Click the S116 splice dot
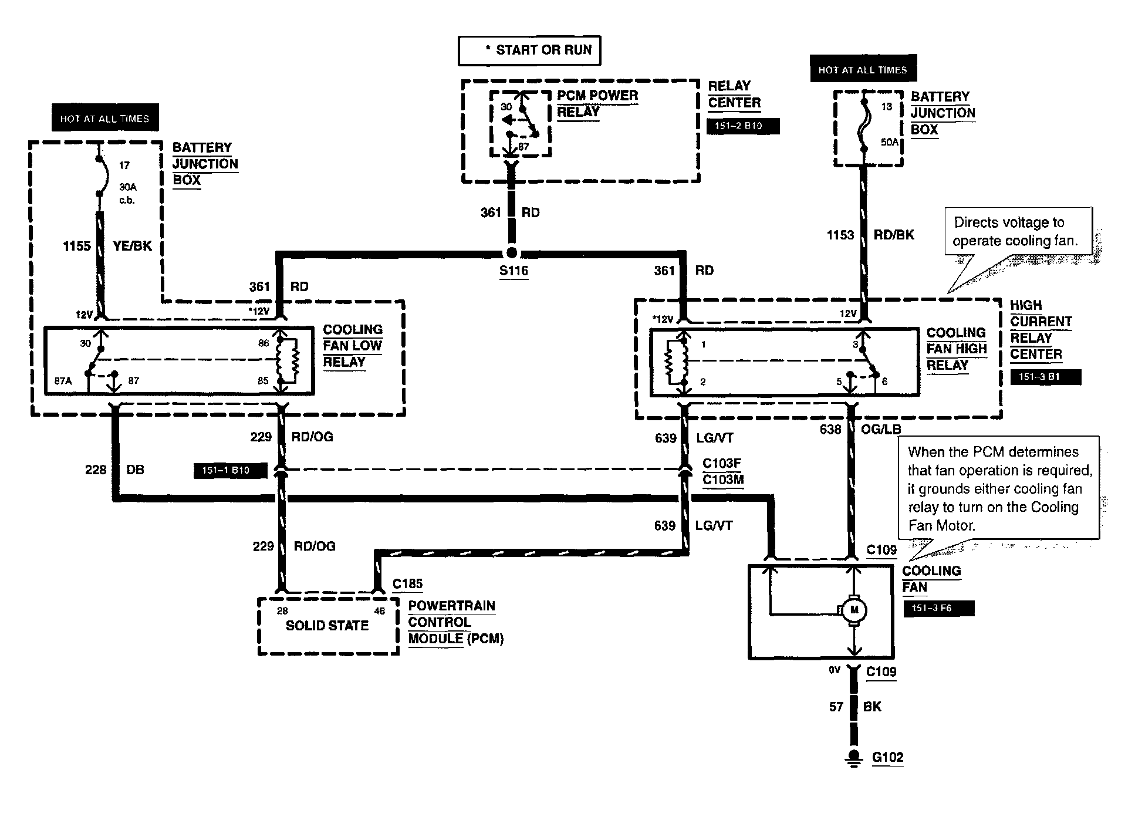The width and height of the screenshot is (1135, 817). [x=512, y=253]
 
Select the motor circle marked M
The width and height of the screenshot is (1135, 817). [x=854, y=610]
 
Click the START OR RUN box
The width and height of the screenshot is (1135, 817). [x=529, y=50]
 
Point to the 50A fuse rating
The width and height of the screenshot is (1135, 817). [x=890, y=141]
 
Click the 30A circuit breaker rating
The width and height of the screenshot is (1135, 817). [x=127, y=187]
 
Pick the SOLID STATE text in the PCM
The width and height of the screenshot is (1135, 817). [x=327, y=626]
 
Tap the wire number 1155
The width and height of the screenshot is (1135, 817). [x=77, y=246]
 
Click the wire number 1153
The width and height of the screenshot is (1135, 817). [x=840, y=235]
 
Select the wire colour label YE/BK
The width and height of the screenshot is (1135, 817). [x=132, y=246]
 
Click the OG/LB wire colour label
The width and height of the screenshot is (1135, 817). [x=880, y=429]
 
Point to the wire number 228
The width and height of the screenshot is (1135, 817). [x=96, y=470]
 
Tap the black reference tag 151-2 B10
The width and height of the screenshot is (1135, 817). [x=742, y=126]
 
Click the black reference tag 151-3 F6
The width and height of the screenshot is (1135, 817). [x=939, y=609]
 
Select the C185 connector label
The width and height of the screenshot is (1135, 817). [x=407, y=584]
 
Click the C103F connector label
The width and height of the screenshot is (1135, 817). [x=722, y=464]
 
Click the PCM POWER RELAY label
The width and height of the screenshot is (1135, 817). [x=597, y=103]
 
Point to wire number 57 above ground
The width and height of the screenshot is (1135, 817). [x=836, y=707]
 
